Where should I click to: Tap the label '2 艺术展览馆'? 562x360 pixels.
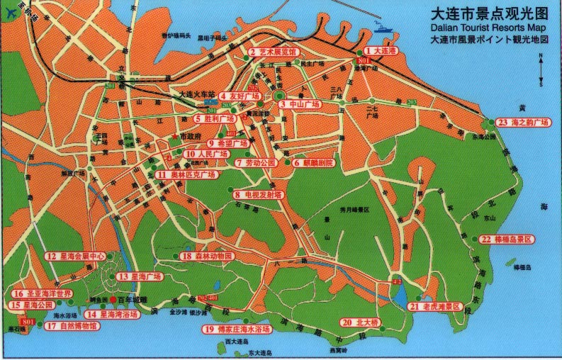pyautogui.click(x=274, y=52)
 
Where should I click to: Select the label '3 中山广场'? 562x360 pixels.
pyautogui.click(x=300, y=104)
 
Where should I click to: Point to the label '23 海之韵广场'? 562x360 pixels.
pyautogui.click(x=523, y=123)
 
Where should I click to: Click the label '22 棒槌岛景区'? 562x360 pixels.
pyautogui.click(x=506, y=240)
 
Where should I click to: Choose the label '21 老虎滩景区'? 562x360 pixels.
pyautogui.click(x=435, y=306)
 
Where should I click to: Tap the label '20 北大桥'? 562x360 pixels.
pyautogui.click(x=360, y=322)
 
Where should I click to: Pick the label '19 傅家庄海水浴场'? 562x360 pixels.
pyautogui.click(x=237, y=330)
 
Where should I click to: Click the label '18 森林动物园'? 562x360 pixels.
pyautogui.click(x=206, y=257)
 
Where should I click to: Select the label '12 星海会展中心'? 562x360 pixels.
pyautogui.click(x=75, y=257)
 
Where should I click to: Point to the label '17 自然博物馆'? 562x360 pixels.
pyautogui.click(x=70, y=326)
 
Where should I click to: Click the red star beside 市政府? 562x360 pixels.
pyautogui.click(x=174, y=136)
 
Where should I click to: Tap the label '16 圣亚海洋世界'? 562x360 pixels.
pyautogui.click(x=41, y=293)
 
